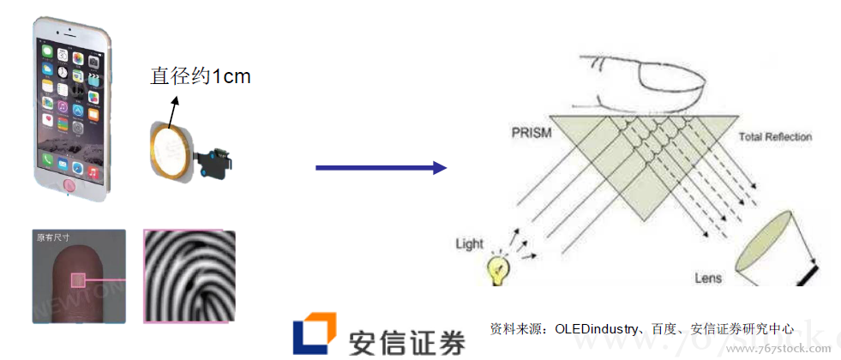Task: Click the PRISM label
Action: [x=532, y=135]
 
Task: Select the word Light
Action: [x=470, y=245]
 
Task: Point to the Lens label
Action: [x=708, y=278]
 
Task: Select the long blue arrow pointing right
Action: [x=381, y=167]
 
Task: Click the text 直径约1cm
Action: [x=201, y=76]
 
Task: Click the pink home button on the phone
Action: [x=70, y=184]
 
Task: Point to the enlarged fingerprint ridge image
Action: [x=189, y=275]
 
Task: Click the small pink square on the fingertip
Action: [x=78, y=279]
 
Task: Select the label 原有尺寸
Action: [x=53, y=237]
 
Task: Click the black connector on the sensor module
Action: [x=219, y=161]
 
